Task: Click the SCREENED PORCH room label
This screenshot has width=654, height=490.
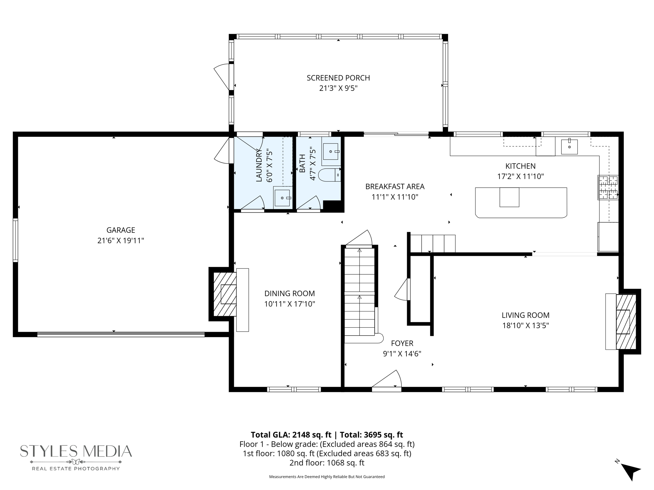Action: click(338, 78)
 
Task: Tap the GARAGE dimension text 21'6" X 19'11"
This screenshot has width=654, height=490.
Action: click(121, 241)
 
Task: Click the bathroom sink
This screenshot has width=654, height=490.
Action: click(331, 152)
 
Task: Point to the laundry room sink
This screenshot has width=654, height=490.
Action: click(282, 198)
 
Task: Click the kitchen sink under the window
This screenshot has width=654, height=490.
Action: click(569, 147)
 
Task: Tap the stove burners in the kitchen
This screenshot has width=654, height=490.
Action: click(608, 188)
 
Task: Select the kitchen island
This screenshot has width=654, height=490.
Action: click(521, 203)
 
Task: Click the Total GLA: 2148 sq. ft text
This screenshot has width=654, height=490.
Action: click(291, 435)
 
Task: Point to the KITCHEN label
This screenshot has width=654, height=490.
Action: click(521, 166)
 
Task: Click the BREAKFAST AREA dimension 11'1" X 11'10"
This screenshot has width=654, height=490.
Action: click(395, 197)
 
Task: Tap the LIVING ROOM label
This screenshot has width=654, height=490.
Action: click(526, 315)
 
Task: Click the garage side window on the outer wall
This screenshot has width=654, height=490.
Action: click(15, 240)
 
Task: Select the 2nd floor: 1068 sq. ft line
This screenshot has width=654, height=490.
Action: click(327, 463)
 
